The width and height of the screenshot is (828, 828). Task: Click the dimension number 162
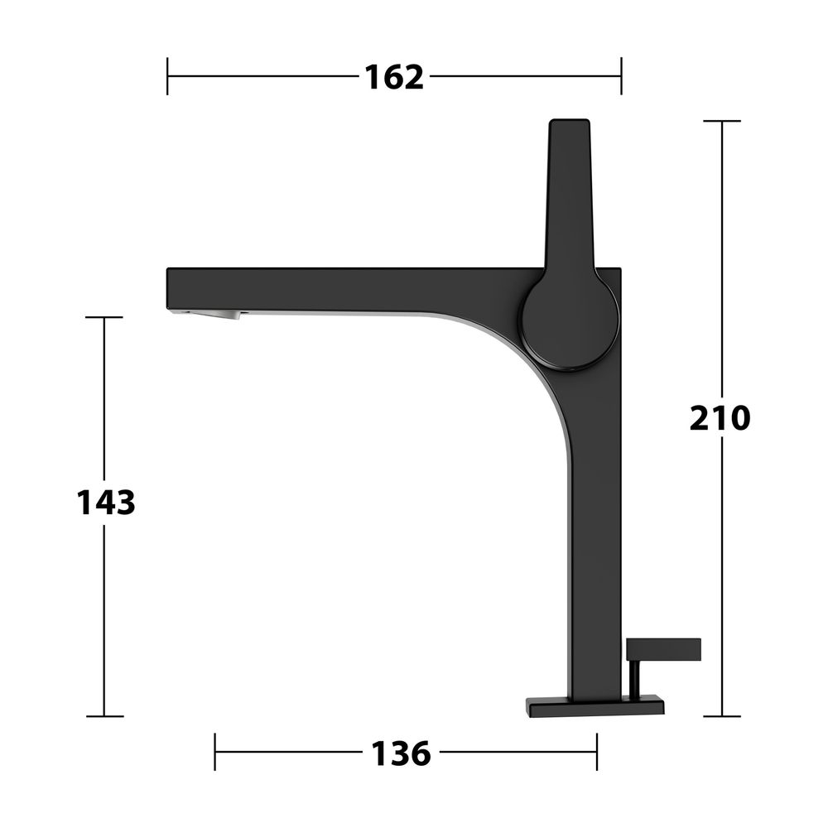(x=394, y=77)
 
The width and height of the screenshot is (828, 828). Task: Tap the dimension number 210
(x=720, y=418)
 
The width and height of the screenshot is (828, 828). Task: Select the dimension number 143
(x=106, y=503)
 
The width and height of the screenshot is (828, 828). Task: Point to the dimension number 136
(x=401, y=753)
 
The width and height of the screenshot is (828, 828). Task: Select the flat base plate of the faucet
(x=595, y=706)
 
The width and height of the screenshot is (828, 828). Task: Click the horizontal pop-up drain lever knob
(x=663, y=649)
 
